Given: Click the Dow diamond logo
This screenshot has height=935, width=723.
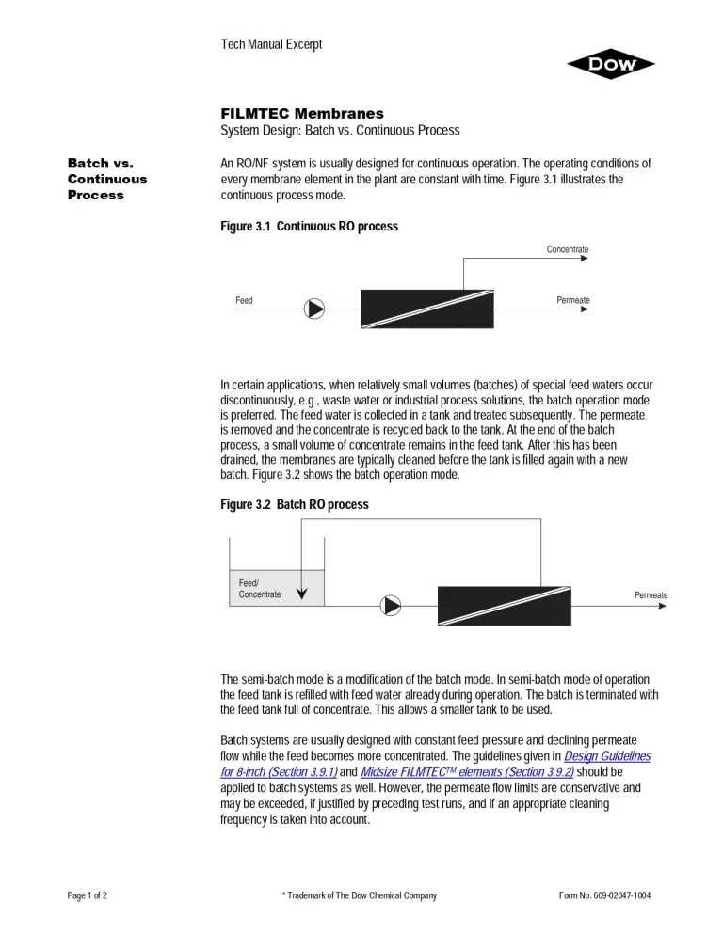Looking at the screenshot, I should [610, 64].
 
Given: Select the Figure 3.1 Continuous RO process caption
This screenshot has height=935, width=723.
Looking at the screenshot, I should [309, 227].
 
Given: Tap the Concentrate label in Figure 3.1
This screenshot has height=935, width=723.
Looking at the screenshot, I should [568, 249].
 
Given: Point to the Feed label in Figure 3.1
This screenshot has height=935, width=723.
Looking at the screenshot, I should [244, 301].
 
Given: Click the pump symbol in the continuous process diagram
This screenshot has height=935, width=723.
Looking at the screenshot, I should [314, 308].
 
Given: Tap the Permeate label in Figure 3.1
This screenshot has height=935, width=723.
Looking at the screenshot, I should [572, 301].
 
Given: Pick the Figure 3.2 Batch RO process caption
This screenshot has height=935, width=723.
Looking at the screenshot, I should [294, 505].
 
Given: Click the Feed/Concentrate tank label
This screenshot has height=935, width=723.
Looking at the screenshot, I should [259, 589].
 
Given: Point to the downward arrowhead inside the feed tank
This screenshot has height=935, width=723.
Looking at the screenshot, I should [301, 593].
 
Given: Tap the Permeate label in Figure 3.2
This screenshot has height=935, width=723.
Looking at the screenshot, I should [651, 595].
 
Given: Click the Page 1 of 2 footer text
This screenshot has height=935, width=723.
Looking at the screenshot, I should [87, 895].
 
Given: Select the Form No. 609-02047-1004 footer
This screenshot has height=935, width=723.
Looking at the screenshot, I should [604, 895].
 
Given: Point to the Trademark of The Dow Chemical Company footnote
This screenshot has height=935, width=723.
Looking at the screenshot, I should [360, 895].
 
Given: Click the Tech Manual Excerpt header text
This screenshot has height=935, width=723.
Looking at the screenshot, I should [271, 44].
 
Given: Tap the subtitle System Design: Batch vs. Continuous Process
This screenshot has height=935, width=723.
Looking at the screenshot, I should [340, 130].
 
